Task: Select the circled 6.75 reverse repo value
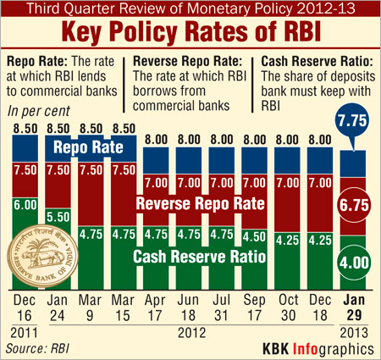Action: (356, 203)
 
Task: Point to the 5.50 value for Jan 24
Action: (56, 216)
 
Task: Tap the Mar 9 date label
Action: (89, 305)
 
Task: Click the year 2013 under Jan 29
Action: (356, 332)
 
